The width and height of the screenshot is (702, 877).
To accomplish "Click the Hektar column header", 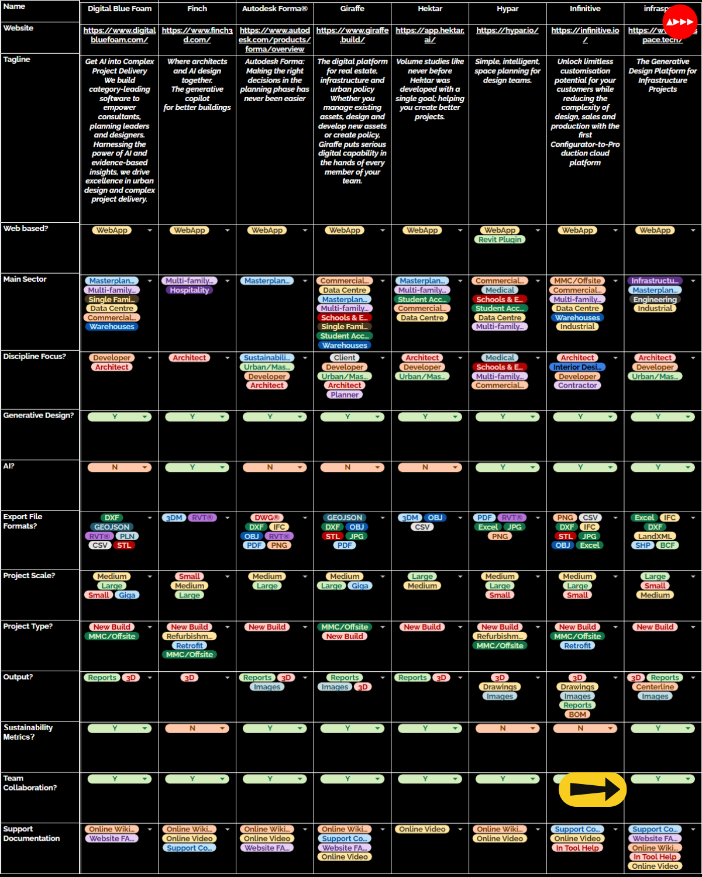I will pos(430,9).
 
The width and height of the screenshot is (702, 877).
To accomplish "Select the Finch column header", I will pos(197,9).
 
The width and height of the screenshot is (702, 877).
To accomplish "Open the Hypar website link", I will pos(507,30).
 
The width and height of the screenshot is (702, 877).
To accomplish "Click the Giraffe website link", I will pos(352,35).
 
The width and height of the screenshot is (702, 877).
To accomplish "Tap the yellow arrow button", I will pos(593,789).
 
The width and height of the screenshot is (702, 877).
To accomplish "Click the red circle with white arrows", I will pos(680,22).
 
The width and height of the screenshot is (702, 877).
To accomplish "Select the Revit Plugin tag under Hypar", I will pos(500,240).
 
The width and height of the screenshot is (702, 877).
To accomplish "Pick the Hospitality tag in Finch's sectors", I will pos(190,291).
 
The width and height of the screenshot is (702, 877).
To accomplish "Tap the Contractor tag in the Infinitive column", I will pos(577,386).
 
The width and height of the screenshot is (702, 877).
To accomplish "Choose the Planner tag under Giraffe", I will pos(345,395).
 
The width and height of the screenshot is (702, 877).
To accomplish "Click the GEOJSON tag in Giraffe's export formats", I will pos(345,518).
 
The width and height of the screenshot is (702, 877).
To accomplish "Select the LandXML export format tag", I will pos(655,536).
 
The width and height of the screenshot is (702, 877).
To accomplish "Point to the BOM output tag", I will pos(577,714).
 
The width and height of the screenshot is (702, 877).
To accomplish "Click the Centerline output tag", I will pos(655,687).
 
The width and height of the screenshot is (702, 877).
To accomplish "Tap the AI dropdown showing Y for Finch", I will pos(192,468).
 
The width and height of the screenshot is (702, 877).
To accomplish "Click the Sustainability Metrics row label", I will pos(28,732).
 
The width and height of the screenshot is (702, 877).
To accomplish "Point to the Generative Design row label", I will pos(39,416).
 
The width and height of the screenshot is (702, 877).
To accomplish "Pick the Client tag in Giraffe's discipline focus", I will pos(345,358).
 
